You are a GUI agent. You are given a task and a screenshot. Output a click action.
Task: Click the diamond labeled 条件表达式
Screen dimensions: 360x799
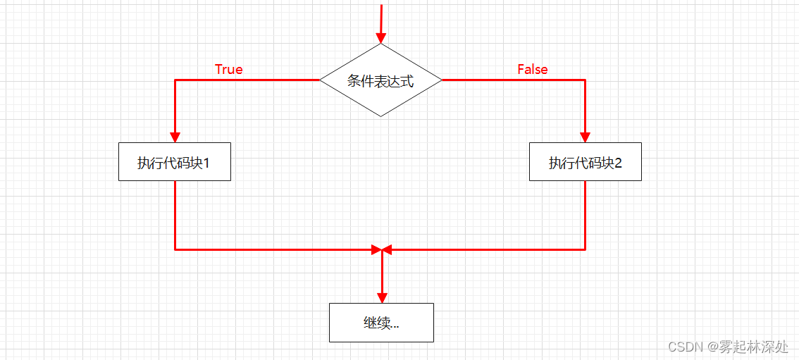click(380, 80)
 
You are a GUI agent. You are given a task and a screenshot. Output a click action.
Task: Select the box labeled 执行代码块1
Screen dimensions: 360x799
click(174, 162)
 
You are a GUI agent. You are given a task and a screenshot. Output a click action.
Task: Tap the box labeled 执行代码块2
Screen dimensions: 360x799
click(585, 162)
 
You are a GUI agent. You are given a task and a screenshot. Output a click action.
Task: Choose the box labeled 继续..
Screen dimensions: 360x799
click(381, 323)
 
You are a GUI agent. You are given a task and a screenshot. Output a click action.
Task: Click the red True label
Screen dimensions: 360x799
click(228, 69)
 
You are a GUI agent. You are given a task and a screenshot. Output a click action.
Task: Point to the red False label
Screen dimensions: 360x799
click(532, 69)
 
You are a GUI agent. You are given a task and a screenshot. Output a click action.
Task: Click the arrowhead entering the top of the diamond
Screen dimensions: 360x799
click(380, 38)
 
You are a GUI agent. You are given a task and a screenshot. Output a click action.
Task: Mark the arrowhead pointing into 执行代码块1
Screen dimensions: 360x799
click(175, 137)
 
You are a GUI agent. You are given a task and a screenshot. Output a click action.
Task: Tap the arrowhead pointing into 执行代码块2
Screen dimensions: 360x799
click(585, 137)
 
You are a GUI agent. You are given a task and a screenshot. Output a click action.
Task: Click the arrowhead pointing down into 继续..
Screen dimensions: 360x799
click(382, 297)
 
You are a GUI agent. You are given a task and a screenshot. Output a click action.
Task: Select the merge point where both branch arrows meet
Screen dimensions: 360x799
click(382, 249)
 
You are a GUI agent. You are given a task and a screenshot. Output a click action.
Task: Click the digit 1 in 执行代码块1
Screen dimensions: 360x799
click(207, 163)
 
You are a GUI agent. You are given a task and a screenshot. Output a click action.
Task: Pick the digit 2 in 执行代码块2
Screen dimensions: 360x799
click(618, 163)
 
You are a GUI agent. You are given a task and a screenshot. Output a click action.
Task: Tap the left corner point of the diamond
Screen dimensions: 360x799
click(321, 80)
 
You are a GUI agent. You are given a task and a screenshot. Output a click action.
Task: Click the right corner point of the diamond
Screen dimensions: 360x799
click(441, 80)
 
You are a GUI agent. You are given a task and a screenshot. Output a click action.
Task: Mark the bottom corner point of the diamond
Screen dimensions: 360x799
click(380, 116)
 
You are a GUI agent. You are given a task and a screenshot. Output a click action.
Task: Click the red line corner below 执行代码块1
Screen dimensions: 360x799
click(175, 249)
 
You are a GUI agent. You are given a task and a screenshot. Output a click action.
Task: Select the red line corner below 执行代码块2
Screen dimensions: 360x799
click(585, 249)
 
